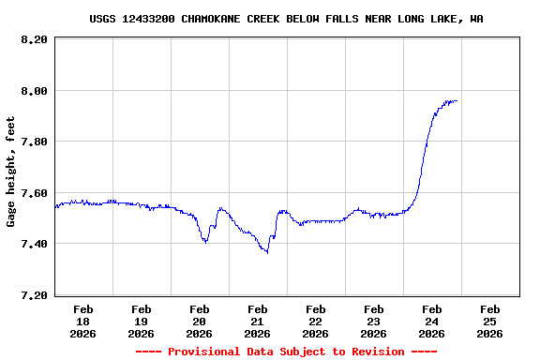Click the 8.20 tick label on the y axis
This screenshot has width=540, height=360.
tap(34, 39)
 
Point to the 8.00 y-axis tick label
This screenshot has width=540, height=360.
tap(34, 91)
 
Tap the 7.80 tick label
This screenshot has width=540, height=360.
tap(34, 142)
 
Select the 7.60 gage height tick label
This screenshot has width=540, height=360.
tap(34, 193)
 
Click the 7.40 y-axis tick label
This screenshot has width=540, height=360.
tap(34, 244)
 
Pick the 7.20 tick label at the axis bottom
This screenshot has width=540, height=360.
tap(34, 295)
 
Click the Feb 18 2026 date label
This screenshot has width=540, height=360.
tap(83, 321)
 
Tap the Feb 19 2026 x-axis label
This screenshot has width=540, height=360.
tap(142, 321)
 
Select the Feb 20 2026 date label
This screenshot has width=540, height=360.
tap(200, 321)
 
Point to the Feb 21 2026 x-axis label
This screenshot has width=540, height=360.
tap(258, 321)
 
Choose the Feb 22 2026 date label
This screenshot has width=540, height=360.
tap(316, 321)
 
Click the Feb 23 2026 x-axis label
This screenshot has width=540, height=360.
tap(374, 321)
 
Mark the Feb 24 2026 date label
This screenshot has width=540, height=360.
tap(432, 321)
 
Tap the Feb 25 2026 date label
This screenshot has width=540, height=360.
tap(490, 321)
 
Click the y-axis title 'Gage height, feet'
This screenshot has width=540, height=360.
tap(11, 172)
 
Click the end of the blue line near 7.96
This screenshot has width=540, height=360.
tap(457, 101)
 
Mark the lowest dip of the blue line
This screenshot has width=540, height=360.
tap(267, 252)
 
